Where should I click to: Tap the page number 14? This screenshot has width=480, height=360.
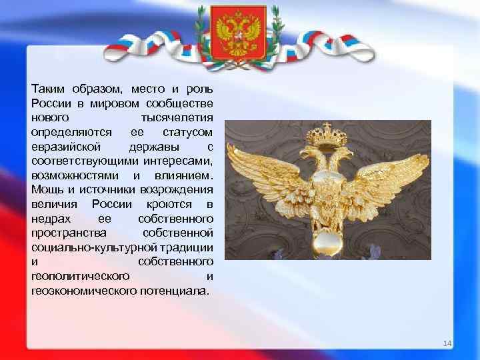click(x=447, y=343)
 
